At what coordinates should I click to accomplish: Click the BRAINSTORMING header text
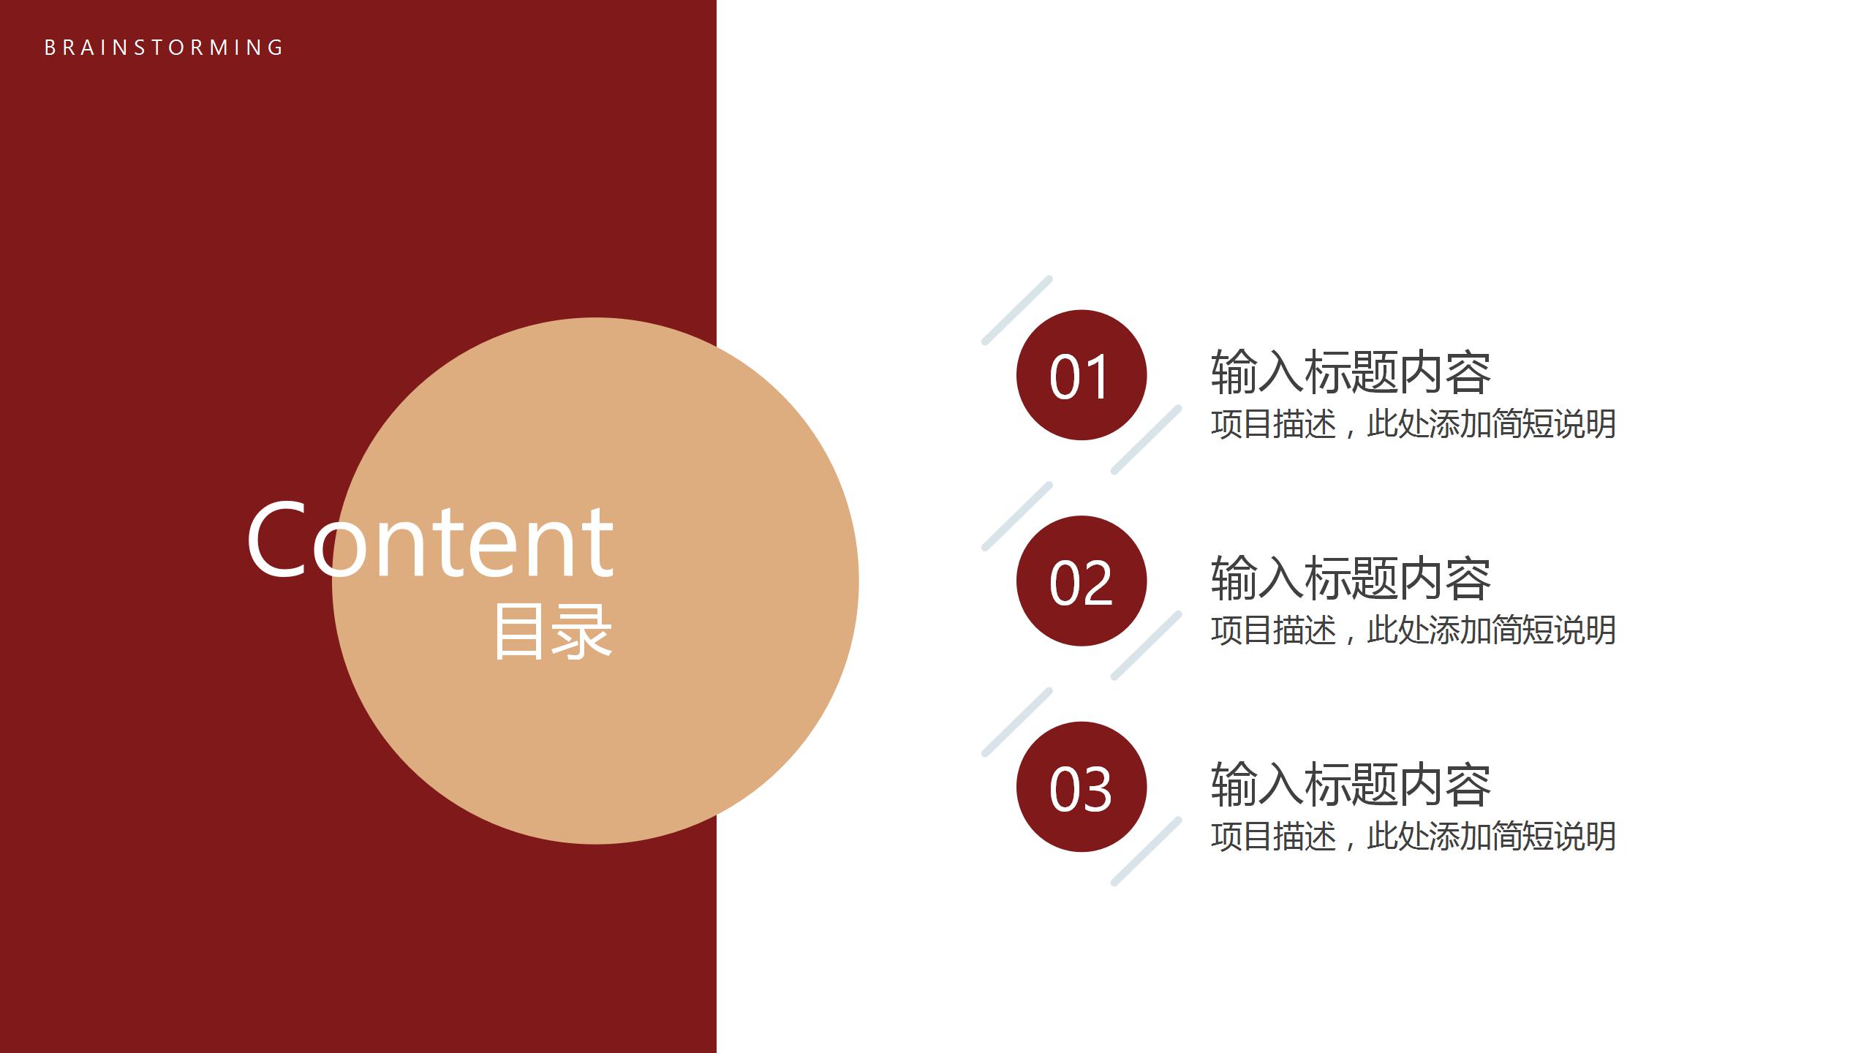pos(164,48)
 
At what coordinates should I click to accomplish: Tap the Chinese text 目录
pos(554,632)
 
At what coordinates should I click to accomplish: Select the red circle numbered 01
pos(1082,375)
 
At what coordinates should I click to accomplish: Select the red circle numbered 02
pos(1082,581)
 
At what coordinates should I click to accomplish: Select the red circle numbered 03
pos(1082,787)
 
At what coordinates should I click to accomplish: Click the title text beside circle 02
pos(1351,578)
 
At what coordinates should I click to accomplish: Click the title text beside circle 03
pos(1351,784)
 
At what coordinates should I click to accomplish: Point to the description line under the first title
pos(1413,424)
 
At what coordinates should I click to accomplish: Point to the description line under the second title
pos(1413,630)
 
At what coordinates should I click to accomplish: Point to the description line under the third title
pos(1413,837)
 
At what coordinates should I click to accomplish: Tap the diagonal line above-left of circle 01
pos(1016,310)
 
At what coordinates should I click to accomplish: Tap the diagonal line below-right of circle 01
pos(1146,439)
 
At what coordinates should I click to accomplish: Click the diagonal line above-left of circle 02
pos(1016,516)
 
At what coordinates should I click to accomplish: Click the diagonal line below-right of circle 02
pos(1146,646)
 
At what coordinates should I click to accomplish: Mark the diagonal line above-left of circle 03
pos(1016,722)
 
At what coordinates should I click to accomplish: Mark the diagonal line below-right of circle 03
pos(1146,852)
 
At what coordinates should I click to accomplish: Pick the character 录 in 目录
pos(583,632)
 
